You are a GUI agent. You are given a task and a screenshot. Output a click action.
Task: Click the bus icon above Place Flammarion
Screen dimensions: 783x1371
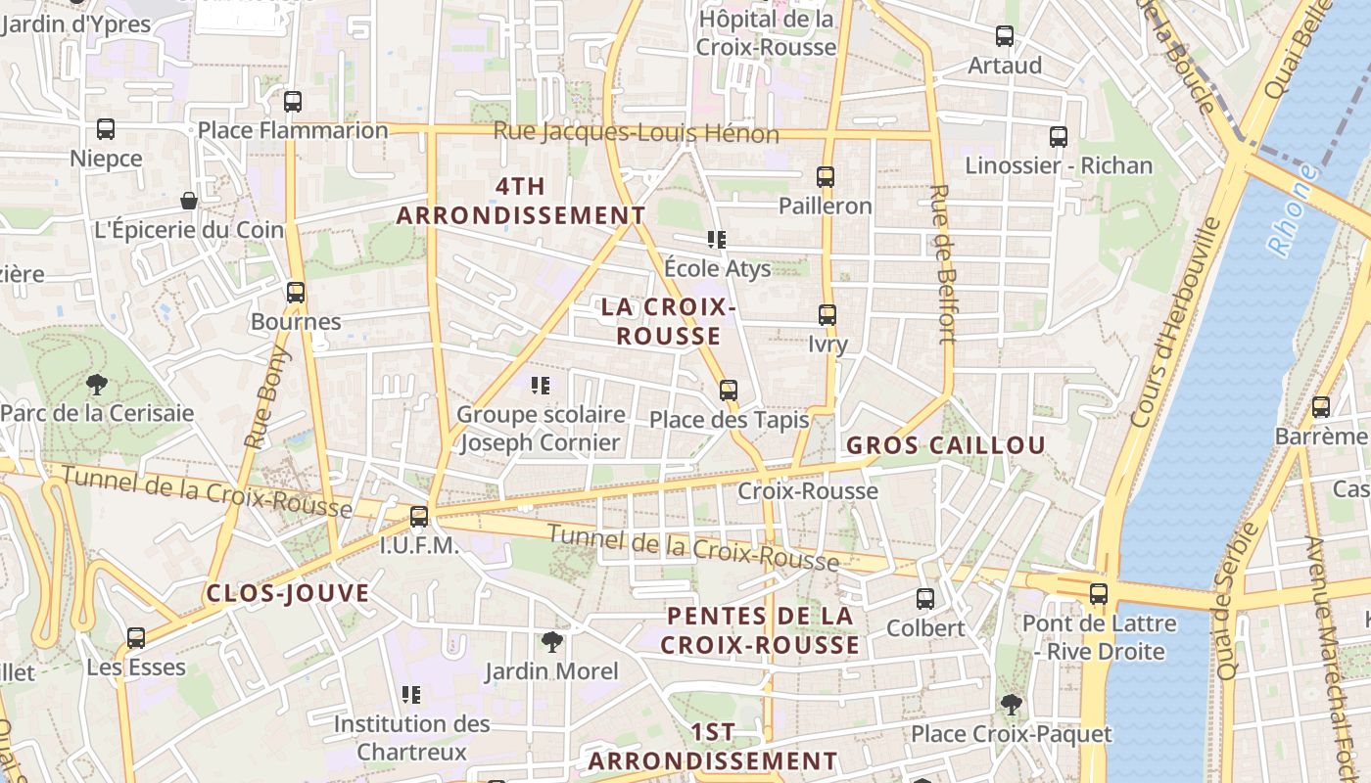(292, 101)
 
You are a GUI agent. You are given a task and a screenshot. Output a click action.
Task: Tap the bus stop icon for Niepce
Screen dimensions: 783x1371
(106, 128)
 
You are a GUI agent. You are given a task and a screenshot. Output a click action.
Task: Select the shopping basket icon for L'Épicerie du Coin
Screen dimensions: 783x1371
(189, 201)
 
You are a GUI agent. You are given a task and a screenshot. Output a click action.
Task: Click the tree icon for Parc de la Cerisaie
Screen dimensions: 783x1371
(96, 384)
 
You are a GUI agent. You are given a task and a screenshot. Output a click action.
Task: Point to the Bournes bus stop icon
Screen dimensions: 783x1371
(295, 292)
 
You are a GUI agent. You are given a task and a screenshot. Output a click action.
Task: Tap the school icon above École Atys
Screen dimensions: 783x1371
(717, 239)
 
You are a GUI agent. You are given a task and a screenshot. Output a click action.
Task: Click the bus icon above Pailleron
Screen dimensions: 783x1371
(826, 177)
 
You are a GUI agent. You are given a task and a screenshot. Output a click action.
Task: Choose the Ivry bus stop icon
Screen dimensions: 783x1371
(827, 315)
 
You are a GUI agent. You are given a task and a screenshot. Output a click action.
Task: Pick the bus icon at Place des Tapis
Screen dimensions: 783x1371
(728, 391)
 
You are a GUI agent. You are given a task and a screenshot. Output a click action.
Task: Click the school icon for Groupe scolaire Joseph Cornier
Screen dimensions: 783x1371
(540, 386)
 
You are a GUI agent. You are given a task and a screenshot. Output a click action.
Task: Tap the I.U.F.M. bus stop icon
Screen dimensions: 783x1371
(419, 516)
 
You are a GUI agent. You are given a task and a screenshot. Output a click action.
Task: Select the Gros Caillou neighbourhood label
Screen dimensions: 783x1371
(946, 445)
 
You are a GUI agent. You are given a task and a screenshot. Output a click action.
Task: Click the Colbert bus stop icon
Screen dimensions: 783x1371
(924, 598)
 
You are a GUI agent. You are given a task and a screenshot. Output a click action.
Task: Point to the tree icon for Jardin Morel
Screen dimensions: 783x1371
(552, 642)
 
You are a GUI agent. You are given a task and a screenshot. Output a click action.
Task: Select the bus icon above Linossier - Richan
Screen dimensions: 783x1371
(1058, 137)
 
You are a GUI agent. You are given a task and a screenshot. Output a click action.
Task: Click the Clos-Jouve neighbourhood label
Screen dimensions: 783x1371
(288, 593)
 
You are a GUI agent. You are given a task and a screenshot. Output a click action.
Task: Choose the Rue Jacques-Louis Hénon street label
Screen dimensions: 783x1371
(636, 132)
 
